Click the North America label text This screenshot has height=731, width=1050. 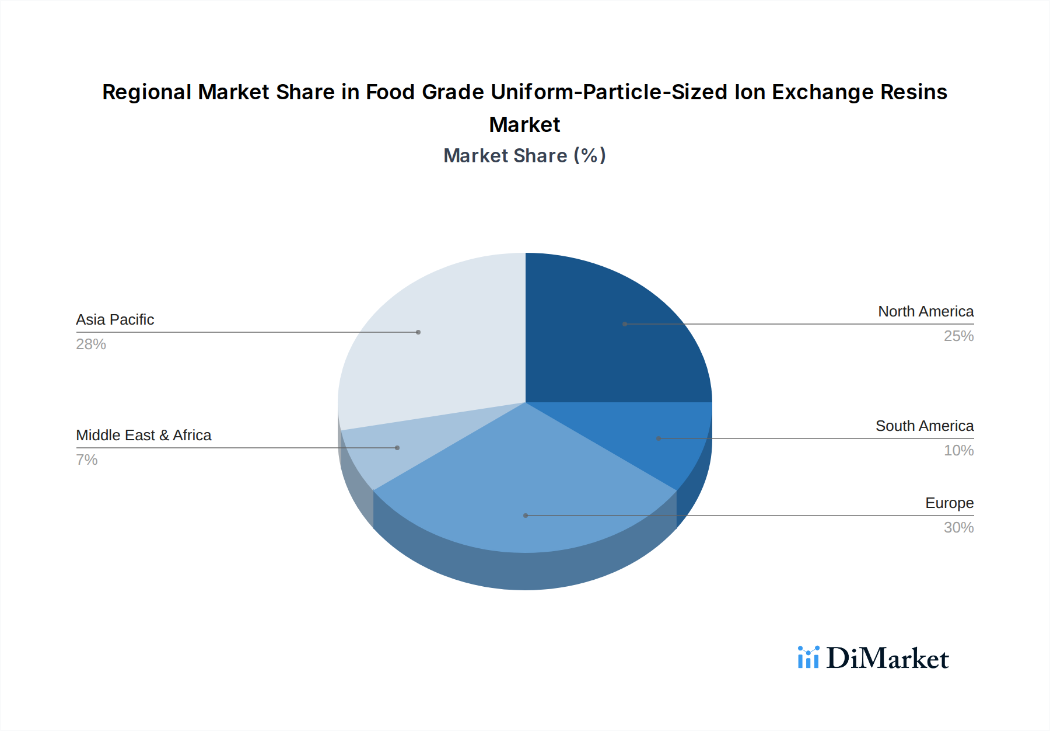(x=926, y=312)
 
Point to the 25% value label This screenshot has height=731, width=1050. (x=958, y=336)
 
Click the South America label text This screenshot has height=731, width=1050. (x=925, y=426)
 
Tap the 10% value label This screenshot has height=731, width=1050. (x=958, y=451)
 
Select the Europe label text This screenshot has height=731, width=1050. (x=949, y=503)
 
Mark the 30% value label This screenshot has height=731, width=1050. (x=958, y=528)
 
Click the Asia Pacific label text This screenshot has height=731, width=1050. (x=115, y=320)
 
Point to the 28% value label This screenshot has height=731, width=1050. (x=91, y=344)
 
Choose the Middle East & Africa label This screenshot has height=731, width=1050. (x=143, y=436)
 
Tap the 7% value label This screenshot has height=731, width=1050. (x=87, y=460)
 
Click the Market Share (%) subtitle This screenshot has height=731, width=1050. (x=524, y=156)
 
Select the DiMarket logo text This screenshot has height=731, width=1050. (x=887, y=659)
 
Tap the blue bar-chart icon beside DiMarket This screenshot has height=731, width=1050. (x=808, y=657)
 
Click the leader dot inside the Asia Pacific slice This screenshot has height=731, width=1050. (x=418, y=332)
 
